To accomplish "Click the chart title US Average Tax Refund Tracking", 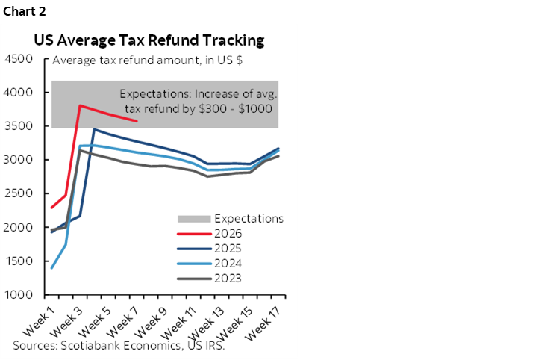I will pos(149,40).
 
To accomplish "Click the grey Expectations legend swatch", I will pos(191,219).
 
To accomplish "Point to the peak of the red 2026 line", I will pos(80,105).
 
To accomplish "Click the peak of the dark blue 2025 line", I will pos(93,129).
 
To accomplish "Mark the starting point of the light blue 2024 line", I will pos(51,267).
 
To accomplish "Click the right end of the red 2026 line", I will pos(136,121).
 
